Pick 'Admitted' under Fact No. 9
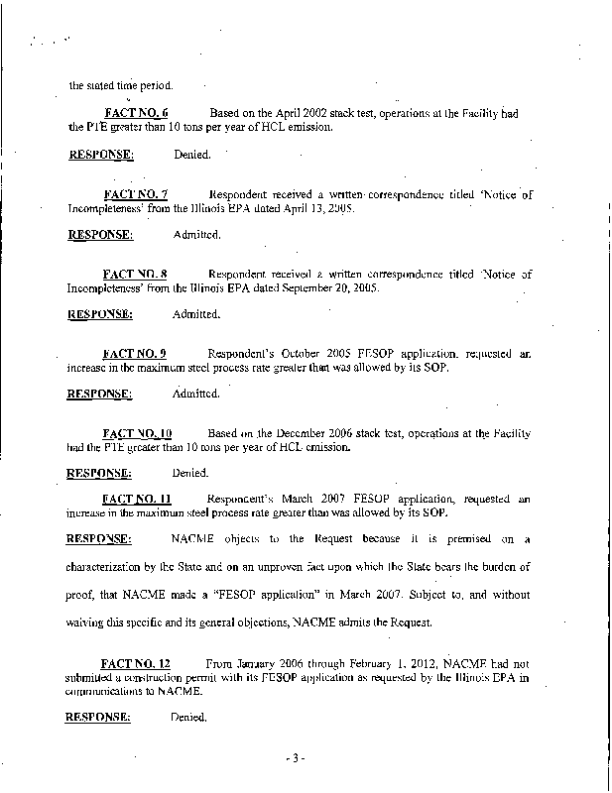coord(195,394)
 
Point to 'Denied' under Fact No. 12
coord(189,717)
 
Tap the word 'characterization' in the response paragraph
coord(108,566)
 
